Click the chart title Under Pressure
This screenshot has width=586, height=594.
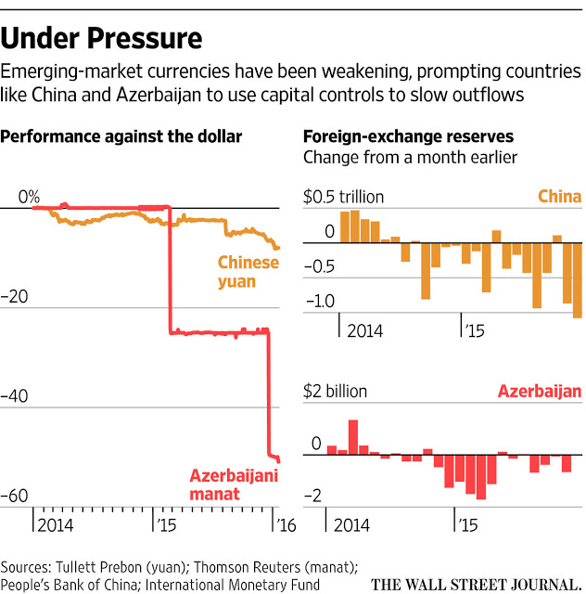pyautogui.click(x=102, y=39)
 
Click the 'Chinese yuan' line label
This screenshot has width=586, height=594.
pyautogui.click(x=248, y=271)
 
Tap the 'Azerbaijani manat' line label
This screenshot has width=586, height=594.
pyautogui.click(x=234, y=485)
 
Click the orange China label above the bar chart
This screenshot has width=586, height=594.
pyautogui.click(x=559, y=197)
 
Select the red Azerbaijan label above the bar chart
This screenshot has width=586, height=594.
pyautogui.click(x=540, y=391)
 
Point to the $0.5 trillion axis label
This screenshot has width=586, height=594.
pyautogui.click(x=343, y=197)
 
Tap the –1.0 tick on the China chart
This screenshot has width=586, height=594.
pyautogui.click(x=318, y=301)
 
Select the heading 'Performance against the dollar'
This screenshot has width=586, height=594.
pyautogui.click(x=121, y=136)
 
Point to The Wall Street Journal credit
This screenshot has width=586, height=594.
pyautogui.click(x=477, y=584)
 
